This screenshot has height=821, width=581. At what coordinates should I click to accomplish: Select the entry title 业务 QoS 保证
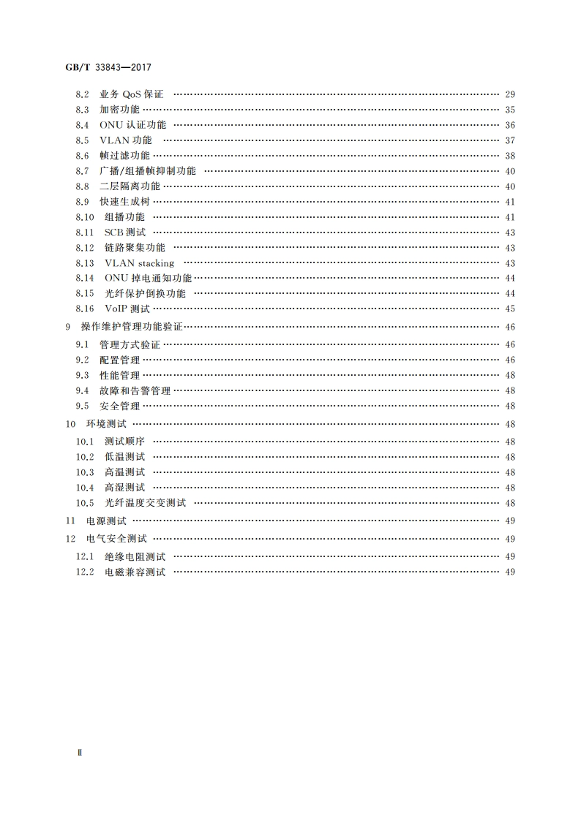132,94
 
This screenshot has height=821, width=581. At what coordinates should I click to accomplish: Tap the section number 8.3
82,110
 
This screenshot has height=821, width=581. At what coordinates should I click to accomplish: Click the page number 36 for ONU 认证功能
510,125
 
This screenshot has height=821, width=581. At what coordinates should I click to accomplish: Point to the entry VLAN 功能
126,140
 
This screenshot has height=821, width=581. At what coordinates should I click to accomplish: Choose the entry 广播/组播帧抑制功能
148,171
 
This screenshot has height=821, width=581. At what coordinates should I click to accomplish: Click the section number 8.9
82,202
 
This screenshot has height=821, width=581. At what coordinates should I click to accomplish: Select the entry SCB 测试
124,232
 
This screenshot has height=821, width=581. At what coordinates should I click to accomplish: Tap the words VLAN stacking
139,263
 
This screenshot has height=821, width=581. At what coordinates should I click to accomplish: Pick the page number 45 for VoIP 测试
510,309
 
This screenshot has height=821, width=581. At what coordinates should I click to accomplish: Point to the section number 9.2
82,360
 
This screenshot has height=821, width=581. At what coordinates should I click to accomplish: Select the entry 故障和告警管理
135,390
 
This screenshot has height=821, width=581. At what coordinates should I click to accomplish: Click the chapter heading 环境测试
106,424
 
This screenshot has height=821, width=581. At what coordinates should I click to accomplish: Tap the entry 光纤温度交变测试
145,503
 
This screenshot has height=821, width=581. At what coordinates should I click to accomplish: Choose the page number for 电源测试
510,521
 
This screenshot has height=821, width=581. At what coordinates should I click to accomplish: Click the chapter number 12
70,539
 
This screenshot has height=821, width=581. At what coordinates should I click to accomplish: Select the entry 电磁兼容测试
135,572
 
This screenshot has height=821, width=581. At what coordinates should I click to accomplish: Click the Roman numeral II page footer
80,752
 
